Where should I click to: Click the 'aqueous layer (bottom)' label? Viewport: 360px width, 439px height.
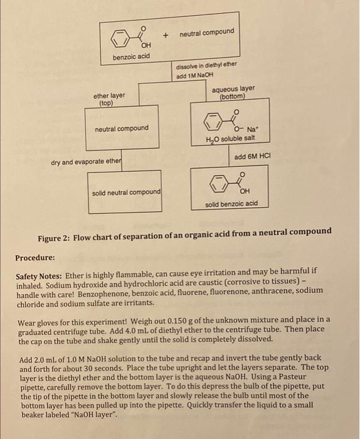[233, 93]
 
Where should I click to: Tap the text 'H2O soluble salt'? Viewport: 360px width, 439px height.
[226, 139]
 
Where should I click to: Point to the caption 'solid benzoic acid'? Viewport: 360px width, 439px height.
[231, 204]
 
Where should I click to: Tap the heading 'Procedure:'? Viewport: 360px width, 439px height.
[36, 258]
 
